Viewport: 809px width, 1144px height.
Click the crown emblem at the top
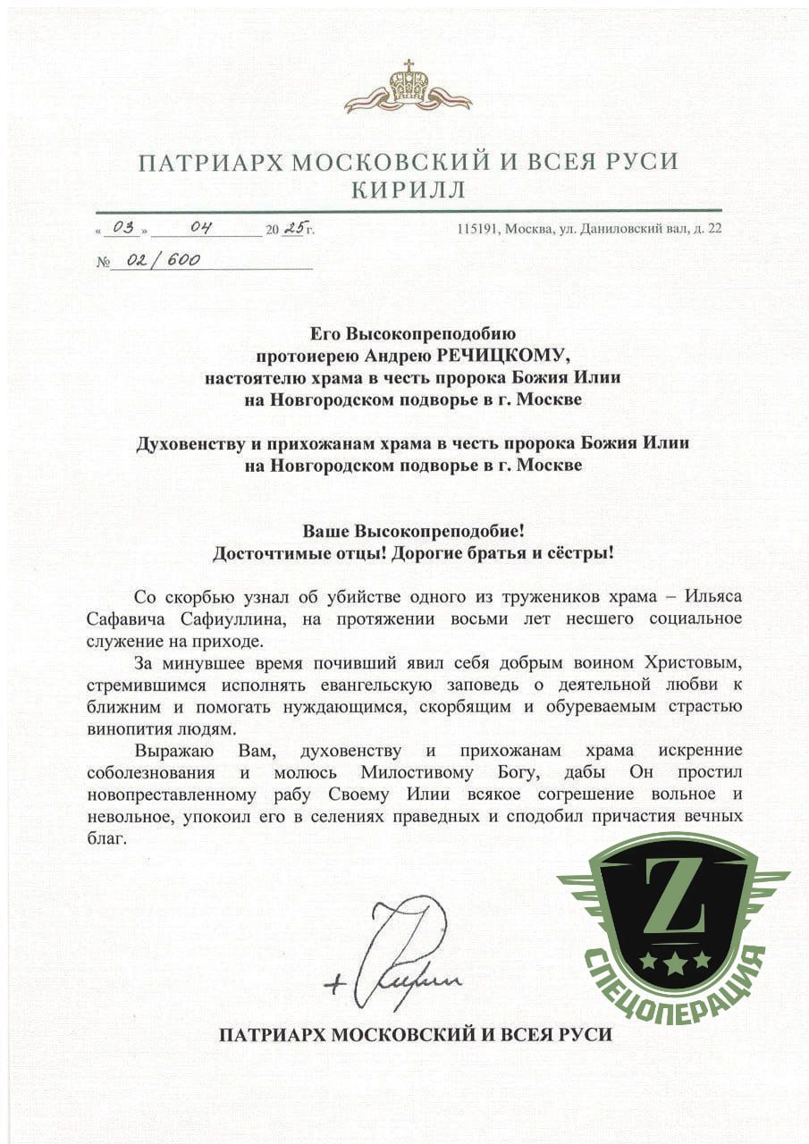coord(409,88)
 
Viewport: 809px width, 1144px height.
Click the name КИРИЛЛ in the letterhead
coord(409,190)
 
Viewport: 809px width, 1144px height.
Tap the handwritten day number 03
coord(122,228)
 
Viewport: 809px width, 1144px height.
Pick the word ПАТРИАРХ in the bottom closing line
coord(271,1035)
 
